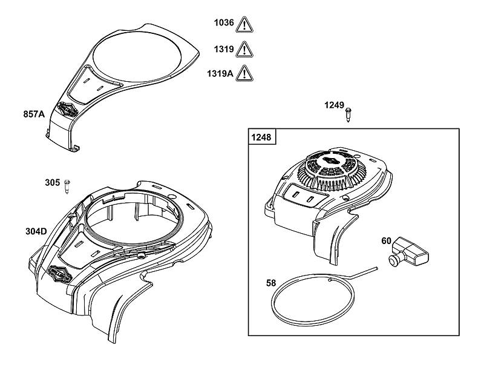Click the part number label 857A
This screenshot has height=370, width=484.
34,114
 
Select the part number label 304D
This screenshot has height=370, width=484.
36,231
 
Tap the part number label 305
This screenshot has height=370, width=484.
53,182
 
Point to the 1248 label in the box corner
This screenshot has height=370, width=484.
261,137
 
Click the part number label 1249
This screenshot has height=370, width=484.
334,105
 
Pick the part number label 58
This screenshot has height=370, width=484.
271,283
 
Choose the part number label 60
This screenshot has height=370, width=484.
386,240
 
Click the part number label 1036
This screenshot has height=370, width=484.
224,22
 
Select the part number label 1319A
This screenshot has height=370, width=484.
220,74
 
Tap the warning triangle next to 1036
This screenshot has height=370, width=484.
244,25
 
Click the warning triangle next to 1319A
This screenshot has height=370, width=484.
244,74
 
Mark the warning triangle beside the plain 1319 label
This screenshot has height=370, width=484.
244,50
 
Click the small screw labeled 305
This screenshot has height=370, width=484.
67,187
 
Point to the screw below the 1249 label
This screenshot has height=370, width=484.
348,114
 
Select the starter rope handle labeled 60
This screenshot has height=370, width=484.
408,252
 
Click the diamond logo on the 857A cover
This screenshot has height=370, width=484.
67,110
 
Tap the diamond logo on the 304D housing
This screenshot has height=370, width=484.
59,274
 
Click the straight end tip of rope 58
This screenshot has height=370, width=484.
376,268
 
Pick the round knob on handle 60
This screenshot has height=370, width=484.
394,260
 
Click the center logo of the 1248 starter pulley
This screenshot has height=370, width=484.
333,161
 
